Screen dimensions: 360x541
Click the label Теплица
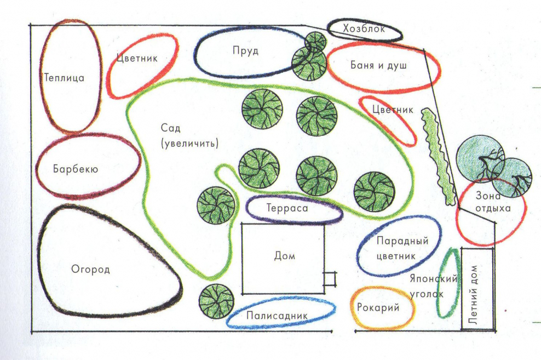coord(64,78)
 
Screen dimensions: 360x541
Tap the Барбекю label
coord(76,169)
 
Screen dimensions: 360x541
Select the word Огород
coord(91,270)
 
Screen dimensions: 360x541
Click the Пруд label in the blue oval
coord(245,51)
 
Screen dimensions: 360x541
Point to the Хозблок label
coord(364,29)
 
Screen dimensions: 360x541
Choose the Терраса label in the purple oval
coord(288,209)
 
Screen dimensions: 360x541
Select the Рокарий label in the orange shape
coord(378,308)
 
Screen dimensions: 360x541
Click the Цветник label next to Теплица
coord(137,58)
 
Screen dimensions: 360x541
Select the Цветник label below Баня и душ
coord(392,110)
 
